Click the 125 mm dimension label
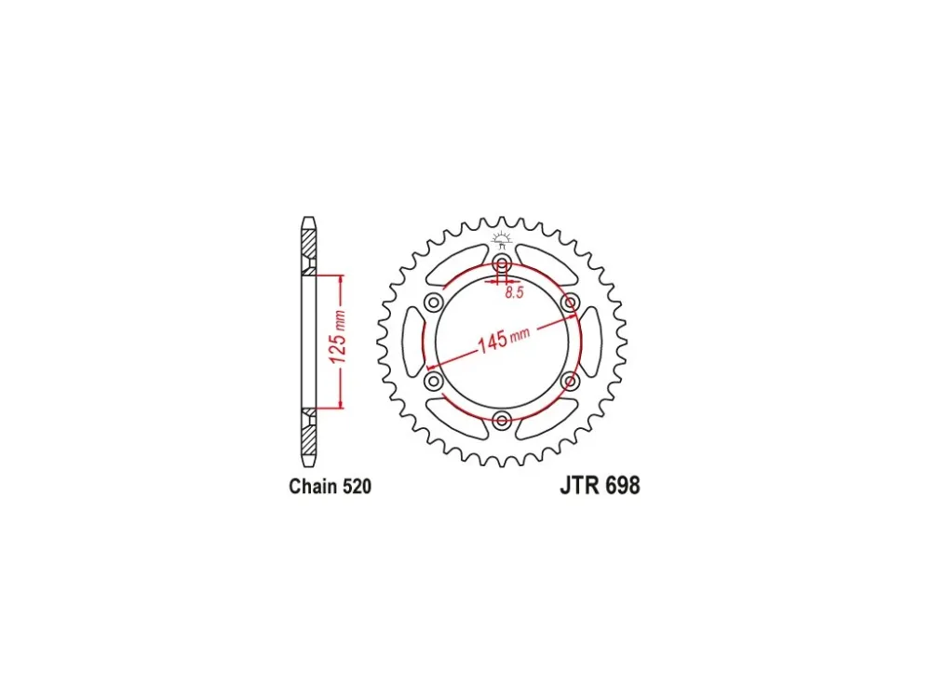pos(337,337)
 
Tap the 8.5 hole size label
pos(515,292)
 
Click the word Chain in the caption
pos(312,486)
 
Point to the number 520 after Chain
pos(356,486)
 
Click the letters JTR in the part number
pos(579,486)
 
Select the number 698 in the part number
pos(622,486)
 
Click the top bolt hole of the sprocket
pos(503,264)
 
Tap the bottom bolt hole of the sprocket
pos(503,421)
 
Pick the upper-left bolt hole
pos(434,303)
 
